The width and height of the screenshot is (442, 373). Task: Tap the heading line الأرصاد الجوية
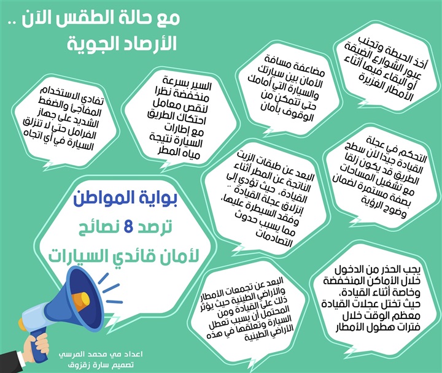(x=122, y=44)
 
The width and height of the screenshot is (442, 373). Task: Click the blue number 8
(x=129, y=228)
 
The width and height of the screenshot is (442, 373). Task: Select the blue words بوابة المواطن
(x=125, y=199)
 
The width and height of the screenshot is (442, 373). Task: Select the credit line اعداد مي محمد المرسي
(x=101, y=354)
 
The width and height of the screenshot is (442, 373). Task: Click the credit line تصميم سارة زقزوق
(x=101, y=365)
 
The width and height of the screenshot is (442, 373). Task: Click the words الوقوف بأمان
(x=287, y=112)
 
